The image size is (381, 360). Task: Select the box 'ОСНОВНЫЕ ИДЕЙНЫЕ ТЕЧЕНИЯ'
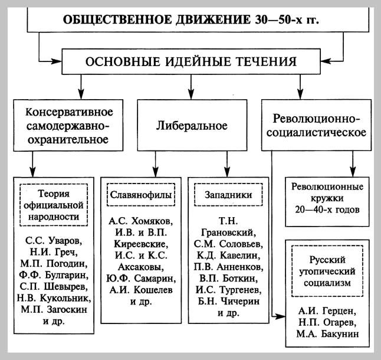pos(190,61)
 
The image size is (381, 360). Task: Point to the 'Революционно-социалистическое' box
pos(317,125)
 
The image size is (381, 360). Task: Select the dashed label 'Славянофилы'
pos(139,194)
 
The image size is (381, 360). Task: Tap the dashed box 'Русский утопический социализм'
pos(326,271)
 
